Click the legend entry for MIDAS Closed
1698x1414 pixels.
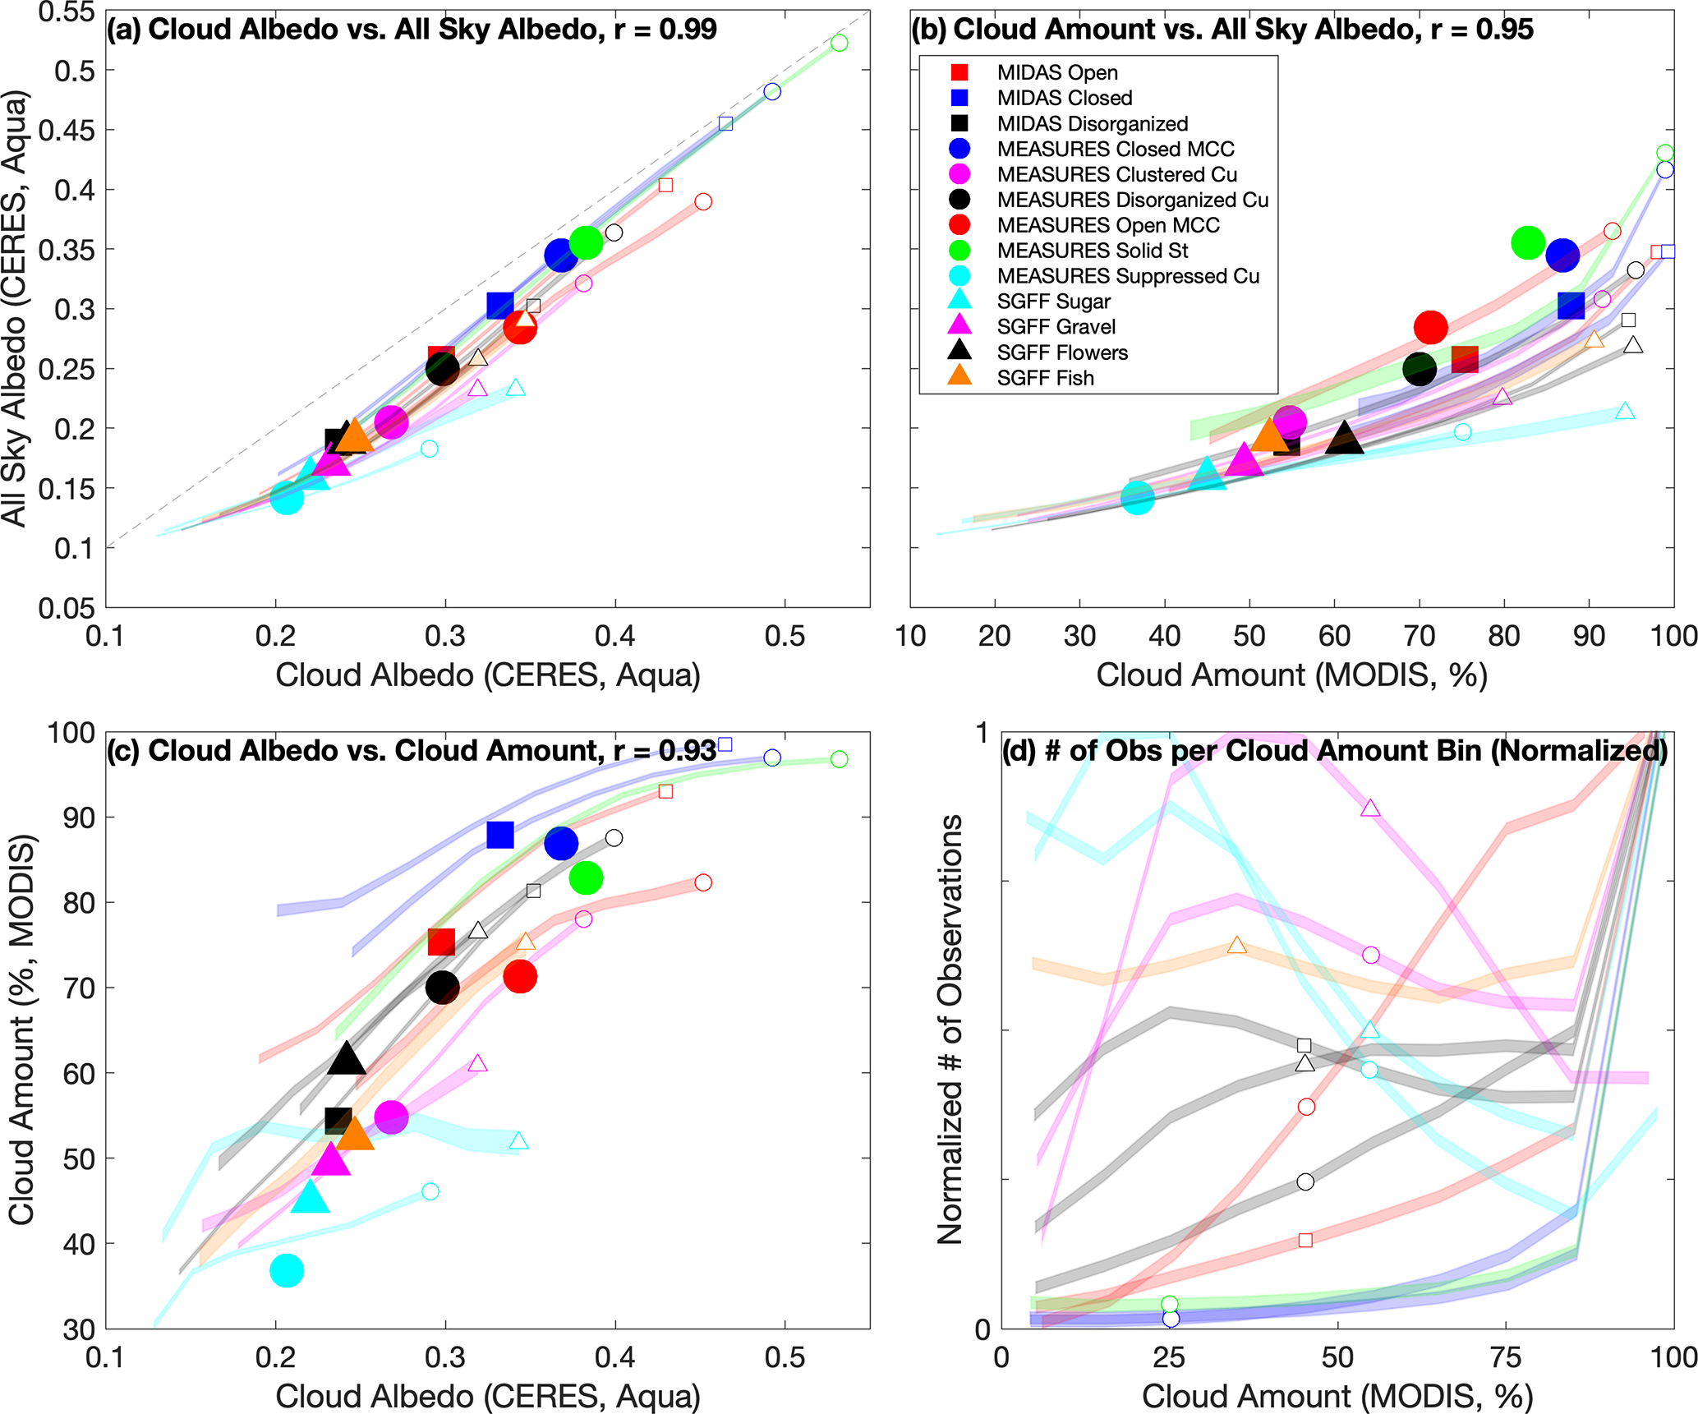coord(1065,98)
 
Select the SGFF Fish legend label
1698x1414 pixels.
coord(1045,378)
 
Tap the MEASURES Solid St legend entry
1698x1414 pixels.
coord(1092,251)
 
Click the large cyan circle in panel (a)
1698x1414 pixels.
coord(287,497)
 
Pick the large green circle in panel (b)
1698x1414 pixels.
coord(1528,242)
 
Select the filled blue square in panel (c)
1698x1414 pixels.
coord(500,835)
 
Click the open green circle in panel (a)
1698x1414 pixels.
coord(839,43)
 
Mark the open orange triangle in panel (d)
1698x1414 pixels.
coord(1237,946)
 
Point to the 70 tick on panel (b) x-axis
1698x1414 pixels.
coord(1420,637)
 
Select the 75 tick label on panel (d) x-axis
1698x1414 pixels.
coord(1507,1358)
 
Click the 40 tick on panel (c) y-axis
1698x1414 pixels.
coord(79,1244)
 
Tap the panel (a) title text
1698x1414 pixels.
coord(412,30)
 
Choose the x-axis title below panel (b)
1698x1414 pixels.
coord(1291,675)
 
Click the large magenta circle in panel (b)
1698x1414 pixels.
coord(1290,421)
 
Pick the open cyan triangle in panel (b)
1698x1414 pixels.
coord(1625,411)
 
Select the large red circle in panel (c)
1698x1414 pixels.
coord(520,977)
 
